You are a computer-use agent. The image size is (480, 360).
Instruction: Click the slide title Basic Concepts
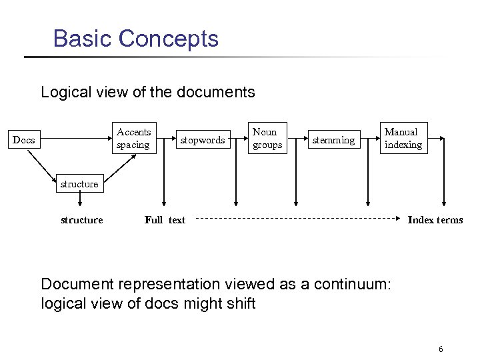point(135,38)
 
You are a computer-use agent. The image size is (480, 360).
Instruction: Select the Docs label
point(24,140)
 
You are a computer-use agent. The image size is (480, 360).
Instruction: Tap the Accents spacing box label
point(133,138)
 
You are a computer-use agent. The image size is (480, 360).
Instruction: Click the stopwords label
point(203,140)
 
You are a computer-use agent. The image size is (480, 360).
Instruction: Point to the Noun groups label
point(267,138)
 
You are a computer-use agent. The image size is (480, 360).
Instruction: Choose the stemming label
point(334,140)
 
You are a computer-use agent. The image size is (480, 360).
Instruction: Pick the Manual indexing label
point(403,138)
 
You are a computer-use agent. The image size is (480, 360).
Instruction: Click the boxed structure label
point(79,184)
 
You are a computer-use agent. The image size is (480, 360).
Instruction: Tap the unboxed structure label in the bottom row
point(81,220)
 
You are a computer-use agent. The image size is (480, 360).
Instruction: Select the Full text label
point(165,220)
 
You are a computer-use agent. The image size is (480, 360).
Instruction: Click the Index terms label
point(435,220)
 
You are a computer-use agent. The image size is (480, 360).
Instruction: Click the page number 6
point(441,349)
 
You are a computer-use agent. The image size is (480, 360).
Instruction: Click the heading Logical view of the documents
point(147,91)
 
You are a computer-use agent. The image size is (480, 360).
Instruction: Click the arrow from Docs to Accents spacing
point(73,140)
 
